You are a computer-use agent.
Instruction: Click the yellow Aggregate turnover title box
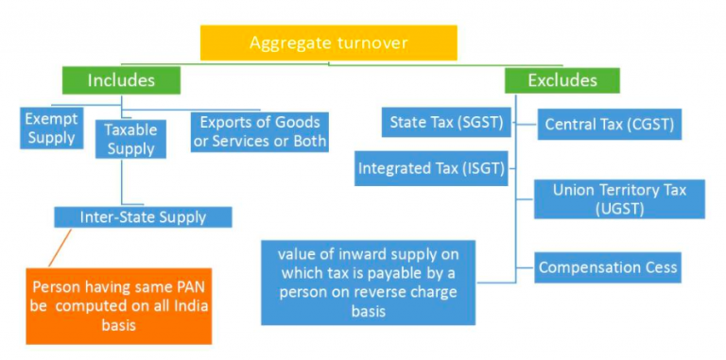point(329,43)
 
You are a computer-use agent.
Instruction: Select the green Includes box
point(120,79)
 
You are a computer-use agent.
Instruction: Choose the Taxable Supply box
point(130,138)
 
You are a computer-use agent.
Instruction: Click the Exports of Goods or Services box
point(259,132)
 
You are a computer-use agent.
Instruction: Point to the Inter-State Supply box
point(143,217)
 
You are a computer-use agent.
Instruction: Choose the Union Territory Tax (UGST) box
point(619,199)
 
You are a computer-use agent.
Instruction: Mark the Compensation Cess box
point(608,267)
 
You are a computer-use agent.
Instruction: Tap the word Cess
point(659,267)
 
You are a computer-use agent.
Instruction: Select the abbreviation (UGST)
point(620,209)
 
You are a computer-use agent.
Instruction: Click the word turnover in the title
point(373,43)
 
